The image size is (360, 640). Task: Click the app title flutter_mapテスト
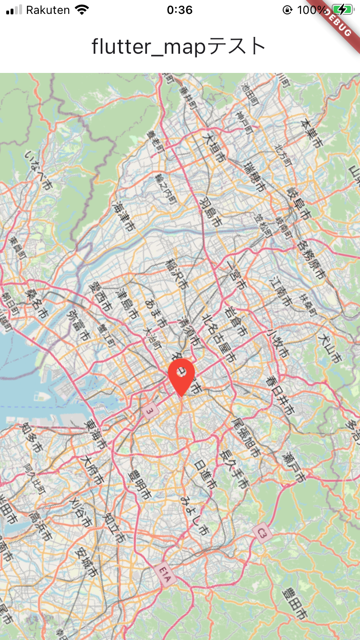click(179, 47)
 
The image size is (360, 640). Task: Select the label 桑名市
click(37, 303)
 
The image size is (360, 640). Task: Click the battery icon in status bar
click(342, 10)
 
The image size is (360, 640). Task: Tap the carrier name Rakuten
click(48, 10)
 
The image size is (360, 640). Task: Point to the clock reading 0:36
click(180, 10)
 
